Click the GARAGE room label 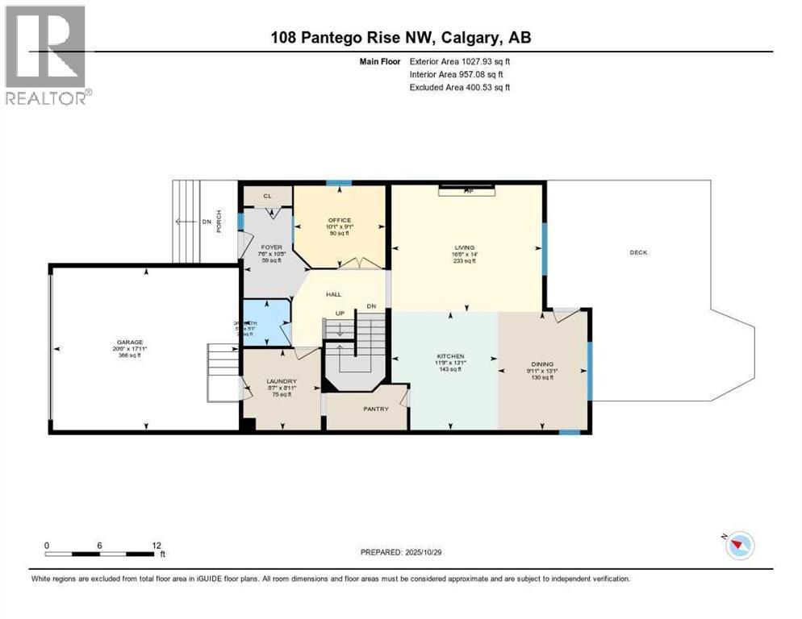pyautogui.click(x=130, y=342)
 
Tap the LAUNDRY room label pyautogui.click(x=282, y=381)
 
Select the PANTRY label pyautogui.click(x=376, y=409)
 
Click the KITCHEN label pyautogui.click(x=451, y=355)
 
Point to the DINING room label pyautogui.click(x=541, y=364)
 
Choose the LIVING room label pyautogui.click(x=465, y=247)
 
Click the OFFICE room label pyautogui.click(x=340, y=220)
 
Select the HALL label pyautogui.click(x=334, y=295)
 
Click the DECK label pyautogui.click(x=639, y=252)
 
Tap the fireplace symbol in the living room pyautogui.click(x=467, y=190)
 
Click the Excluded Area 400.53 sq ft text pyautogui.click(x=460, y=87)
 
